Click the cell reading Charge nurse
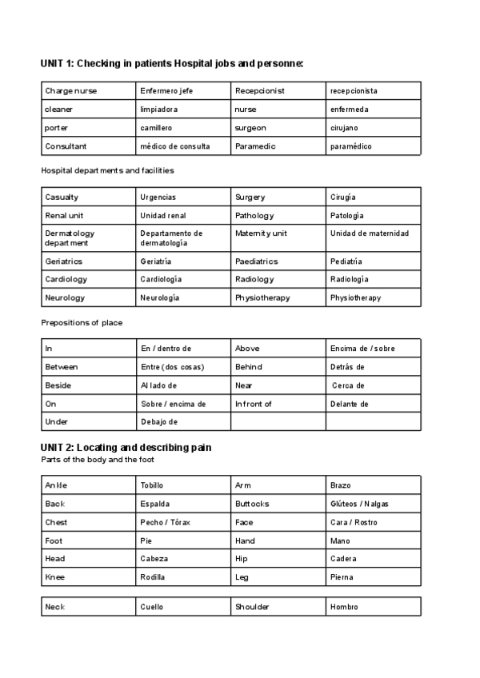[x=70, y=91]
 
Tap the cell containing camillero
[x=156, y=128]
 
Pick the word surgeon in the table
[x=250, y=128]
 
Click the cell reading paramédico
[x=350, y=146]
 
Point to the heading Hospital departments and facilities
[x=107, y=170]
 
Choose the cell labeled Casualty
[x=62, y=197]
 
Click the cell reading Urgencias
[x=158, y=197]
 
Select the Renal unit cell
[x=64, y=215]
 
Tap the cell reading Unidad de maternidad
[x=369, y=233]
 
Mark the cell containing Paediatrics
[x=256, y=261]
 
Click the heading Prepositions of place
[x=82, y=322]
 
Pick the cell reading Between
[x=62, y=367]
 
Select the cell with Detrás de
[x=347, y=367]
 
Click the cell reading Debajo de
[x=158, y=421]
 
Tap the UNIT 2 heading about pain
[x=126, y=447]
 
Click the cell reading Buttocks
[x=252, y=504]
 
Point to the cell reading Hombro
[x=344, y=607]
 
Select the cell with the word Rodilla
[x=153, y=576]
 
